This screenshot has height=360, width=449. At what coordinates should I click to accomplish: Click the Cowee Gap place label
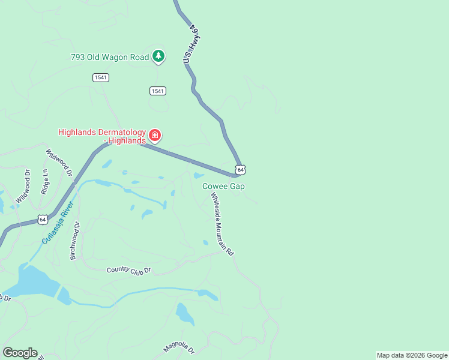pos(223,187)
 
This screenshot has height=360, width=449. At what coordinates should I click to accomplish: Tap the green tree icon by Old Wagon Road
pos(158,56)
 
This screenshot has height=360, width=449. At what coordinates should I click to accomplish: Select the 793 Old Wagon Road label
pos(110,57)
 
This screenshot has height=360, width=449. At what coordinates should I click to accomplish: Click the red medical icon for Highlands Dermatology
pos(155,136)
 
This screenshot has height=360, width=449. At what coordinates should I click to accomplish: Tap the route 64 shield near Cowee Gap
pos(240,170)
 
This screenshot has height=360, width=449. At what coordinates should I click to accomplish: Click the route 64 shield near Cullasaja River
pos(42,220)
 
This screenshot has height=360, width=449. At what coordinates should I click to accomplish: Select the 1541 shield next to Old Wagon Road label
pos(101,77)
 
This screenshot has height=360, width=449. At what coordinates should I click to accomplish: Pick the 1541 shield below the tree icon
pos(158,91)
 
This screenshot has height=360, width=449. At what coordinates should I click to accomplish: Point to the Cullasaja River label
pos(58,223)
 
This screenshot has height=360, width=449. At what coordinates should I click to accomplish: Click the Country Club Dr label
pos(128,271)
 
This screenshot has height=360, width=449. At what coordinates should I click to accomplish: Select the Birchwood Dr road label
pos(74,240)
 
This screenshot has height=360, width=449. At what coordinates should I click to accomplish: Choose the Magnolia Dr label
pos(179,348)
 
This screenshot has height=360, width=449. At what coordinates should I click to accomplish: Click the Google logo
pos(20,353)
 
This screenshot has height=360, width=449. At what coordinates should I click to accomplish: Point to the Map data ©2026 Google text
pos(412,355)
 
